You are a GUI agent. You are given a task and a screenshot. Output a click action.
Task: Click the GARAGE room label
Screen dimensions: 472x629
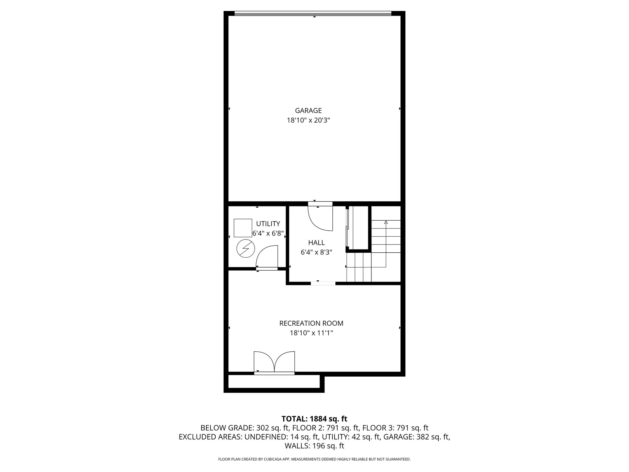[308, 110]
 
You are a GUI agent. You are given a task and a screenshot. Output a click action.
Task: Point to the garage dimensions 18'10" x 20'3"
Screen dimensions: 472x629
[308, 120]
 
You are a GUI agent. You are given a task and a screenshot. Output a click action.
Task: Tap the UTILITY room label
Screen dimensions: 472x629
[268, 224]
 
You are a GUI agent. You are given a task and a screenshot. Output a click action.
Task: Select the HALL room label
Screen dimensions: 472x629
[316, 243]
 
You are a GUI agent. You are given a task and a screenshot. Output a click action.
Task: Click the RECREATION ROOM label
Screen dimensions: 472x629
[311, 323]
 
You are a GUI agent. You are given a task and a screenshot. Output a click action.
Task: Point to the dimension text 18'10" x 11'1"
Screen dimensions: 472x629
[311, 333]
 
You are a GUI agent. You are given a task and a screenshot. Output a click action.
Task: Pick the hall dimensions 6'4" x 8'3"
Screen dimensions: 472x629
[316, 252]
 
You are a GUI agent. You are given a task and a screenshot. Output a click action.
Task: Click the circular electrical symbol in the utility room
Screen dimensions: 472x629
[246, 249]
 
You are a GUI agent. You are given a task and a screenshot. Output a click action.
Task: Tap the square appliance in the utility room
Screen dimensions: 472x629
[243, 228]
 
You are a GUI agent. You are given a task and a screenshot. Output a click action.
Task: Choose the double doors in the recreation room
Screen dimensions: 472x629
[274, 362]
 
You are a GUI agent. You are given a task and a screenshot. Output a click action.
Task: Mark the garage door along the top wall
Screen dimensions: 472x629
[313, 13]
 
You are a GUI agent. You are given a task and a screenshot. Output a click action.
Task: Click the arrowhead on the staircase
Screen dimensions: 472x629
[386, 222]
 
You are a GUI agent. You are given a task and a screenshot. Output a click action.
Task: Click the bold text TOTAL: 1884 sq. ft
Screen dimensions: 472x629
[314, 419]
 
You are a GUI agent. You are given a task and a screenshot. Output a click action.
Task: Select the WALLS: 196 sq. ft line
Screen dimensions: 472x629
[314, 446]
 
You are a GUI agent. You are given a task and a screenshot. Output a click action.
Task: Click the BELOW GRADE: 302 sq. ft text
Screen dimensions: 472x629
[245, 428]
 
